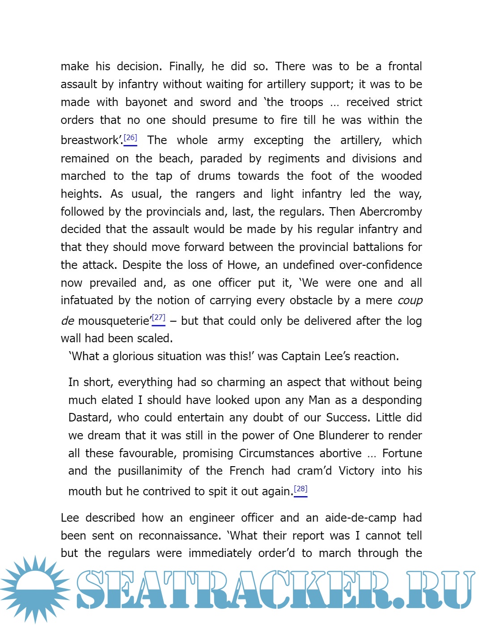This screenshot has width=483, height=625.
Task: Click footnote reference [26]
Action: point(130,138)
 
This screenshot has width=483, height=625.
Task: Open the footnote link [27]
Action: point(158,318)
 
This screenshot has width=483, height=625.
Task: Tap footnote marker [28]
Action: point(301,489)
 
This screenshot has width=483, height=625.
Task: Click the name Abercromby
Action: point(390,212)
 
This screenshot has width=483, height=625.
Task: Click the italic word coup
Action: point(410,301)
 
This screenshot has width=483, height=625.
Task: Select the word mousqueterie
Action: point(114,321)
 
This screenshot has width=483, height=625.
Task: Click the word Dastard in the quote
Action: point(89,418)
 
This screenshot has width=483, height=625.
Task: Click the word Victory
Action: point(356,471)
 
